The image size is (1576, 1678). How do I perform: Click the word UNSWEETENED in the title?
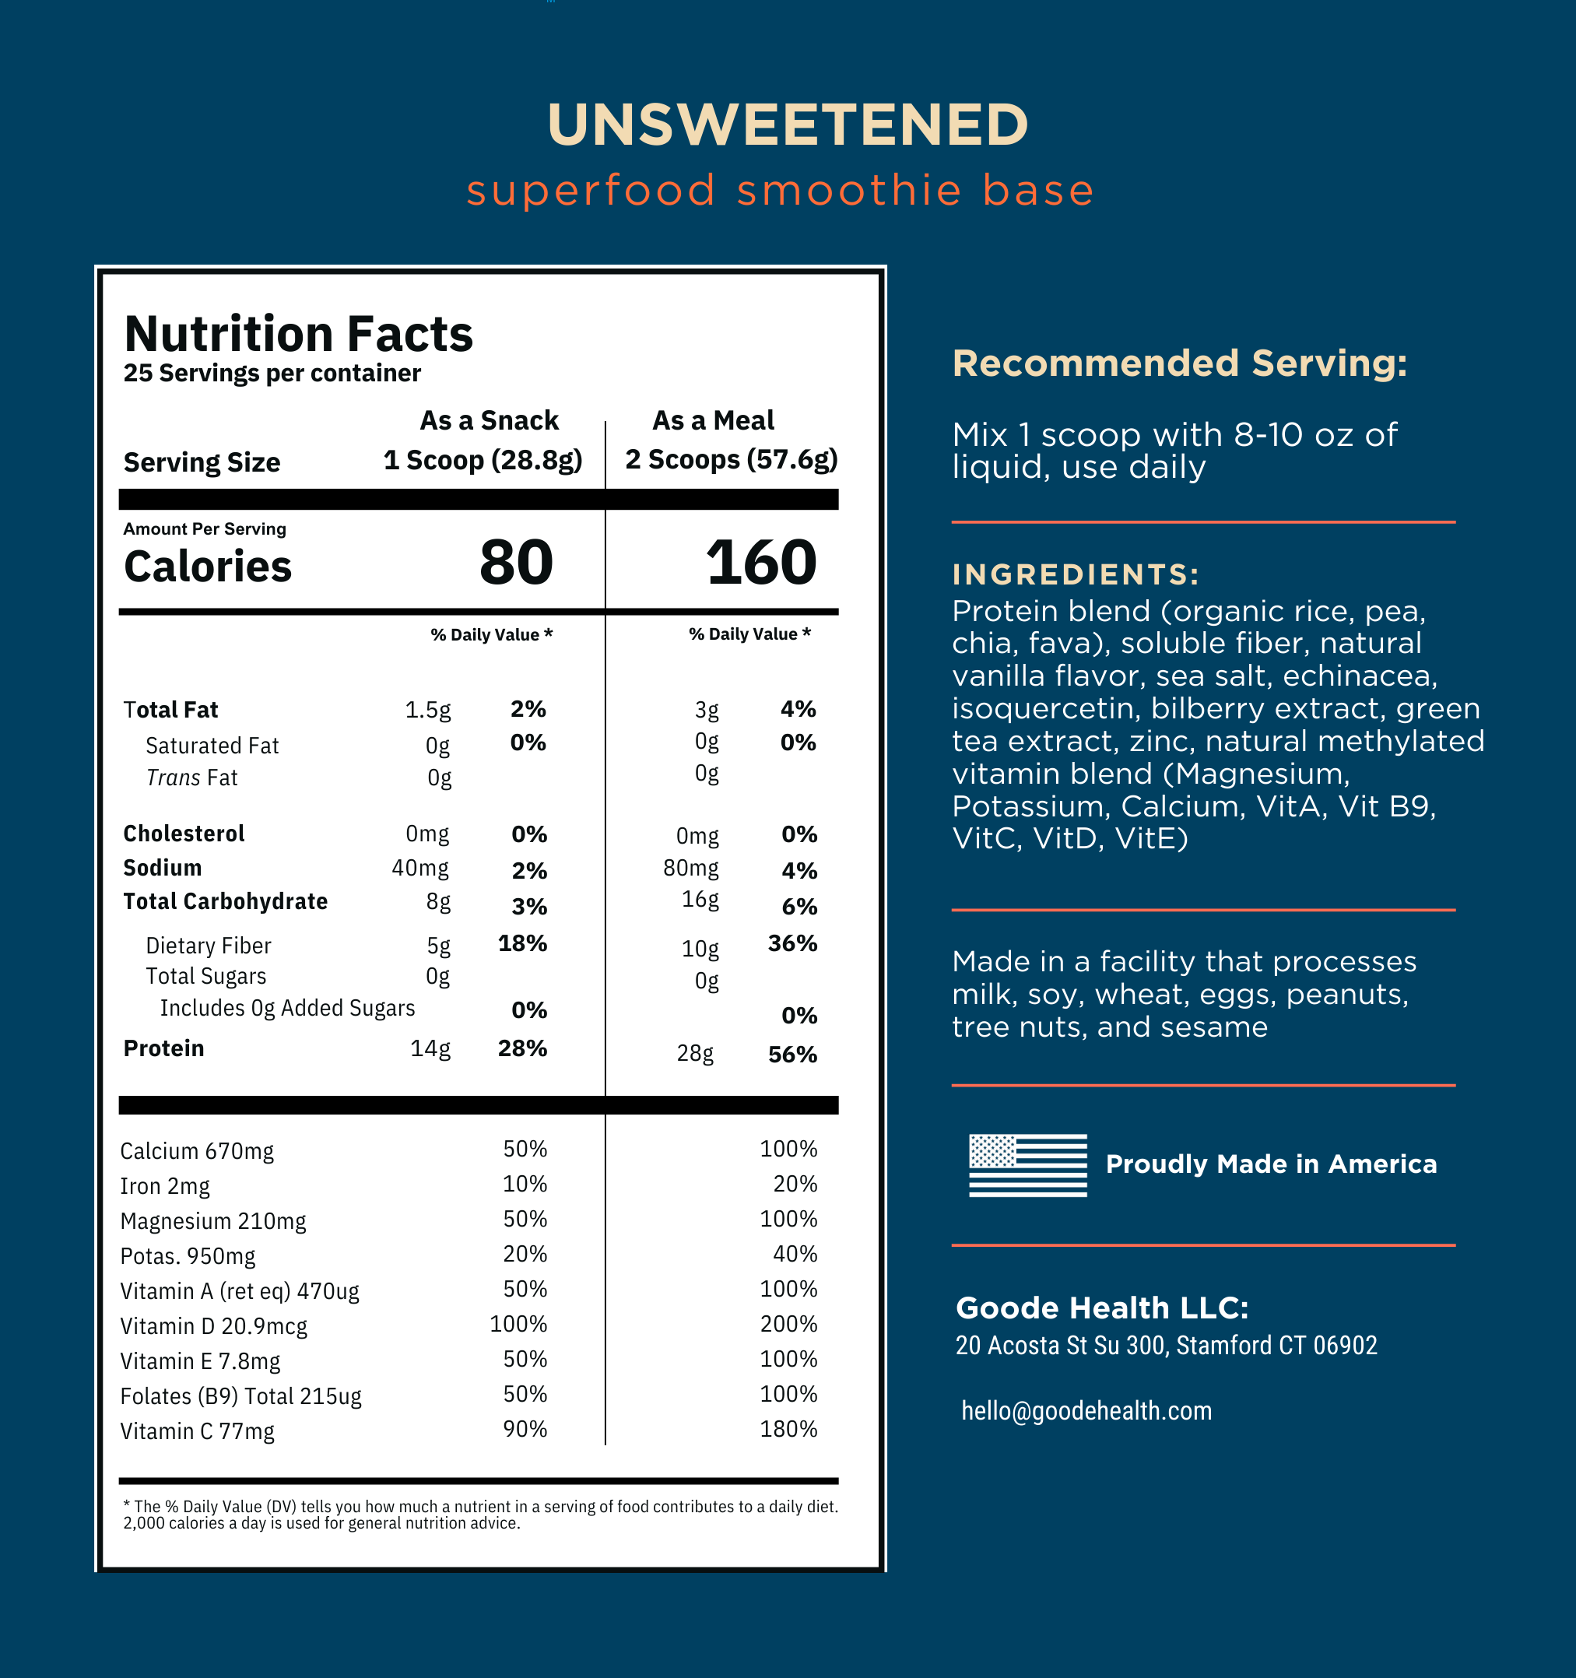[x=787, y=125]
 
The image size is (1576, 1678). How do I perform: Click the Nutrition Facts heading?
[x=298, y=334]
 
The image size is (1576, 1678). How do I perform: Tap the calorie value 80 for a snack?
[x=516, y=563]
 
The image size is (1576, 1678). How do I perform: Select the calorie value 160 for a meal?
[x=760, y=563]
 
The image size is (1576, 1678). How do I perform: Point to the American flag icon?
[x=1027, y=1165]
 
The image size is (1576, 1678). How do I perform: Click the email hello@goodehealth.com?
[x=1086, y=1410]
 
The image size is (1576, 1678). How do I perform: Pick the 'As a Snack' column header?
[x=489, y=420]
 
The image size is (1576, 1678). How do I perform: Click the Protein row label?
[x=163, y=1048]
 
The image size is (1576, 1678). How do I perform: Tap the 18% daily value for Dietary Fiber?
[x=521, y=943]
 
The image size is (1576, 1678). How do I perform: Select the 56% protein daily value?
[x=792, y=1055]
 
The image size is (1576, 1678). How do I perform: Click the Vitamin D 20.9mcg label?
[x=213, y=1326]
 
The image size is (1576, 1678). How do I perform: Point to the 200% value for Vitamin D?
[x=788, y=1325]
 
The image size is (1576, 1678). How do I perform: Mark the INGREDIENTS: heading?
[x=1076, y=575]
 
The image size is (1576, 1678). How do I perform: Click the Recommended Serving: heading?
[x=1179, y=363]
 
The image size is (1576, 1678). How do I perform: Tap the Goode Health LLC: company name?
[x=1101, y=1308]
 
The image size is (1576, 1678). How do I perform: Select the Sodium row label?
[x=162, y=868]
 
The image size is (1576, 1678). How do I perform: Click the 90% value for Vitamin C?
[x=525, y=1429]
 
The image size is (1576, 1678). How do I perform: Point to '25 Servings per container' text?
[x=272, y=373]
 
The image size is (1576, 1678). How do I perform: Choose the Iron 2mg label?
[x=165, y=1186]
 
